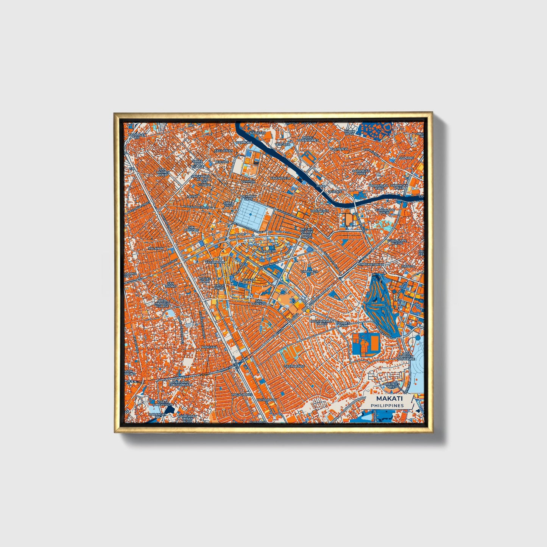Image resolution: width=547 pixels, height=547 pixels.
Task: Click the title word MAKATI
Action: [x=389, y=399]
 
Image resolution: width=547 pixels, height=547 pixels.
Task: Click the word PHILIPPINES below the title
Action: [x=387, y=405]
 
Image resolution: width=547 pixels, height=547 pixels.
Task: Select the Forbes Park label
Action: [x=343, y=324]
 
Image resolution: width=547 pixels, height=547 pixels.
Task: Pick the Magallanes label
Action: [x=242, y=394]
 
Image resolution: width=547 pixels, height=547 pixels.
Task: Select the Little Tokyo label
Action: [x=219, y=287]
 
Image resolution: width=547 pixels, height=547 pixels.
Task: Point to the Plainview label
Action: [x=339, y=149]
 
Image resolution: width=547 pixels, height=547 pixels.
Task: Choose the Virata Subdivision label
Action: [x=162, y=403]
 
